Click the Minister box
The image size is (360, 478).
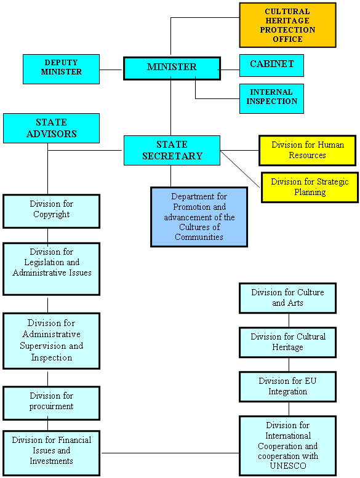point(172,68)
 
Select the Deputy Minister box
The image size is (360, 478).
point(62,69)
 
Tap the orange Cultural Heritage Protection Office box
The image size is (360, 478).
point(287,25)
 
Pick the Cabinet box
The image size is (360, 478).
point(271,66)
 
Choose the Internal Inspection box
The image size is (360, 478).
point(271,99)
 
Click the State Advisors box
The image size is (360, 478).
point(51,129)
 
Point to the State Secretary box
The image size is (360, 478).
point(172,151)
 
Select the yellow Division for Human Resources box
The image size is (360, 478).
point(307,151)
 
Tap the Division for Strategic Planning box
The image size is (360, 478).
point(310,188)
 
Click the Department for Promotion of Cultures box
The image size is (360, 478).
point(199,217)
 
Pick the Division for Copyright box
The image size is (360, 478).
point(51,211)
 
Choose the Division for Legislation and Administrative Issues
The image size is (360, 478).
point(51,269)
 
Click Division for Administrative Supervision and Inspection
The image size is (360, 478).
point(51,341)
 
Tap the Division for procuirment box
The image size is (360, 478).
point(51,404)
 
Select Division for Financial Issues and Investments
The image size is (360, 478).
point(51,453)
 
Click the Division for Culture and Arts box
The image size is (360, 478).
point(287,298)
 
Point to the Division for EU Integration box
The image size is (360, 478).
point(287,386)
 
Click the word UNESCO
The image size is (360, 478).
point(288,466)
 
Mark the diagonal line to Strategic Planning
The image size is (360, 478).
point(240,169)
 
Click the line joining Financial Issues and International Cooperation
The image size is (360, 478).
point(170,453)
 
